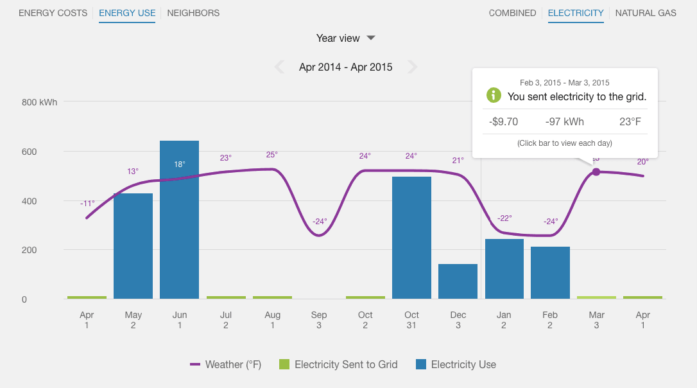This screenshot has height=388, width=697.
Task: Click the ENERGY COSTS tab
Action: pyautogui.click(x=53, y=13)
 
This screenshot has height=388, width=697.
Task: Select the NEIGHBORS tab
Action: pyautogui.click(x=193, y=13)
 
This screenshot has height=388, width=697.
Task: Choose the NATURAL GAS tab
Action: pyautogui.click(x=646, y=13)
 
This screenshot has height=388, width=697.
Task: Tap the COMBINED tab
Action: pyautogui.click(x=512, y=13)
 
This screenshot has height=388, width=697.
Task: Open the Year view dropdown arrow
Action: pyautogui.click(x=371, y=38)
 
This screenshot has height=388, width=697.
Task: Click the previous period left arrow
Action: pyautogui.click(x=279, y=67)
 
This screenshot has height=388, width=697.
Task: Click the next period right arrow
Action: pyautogui.click(x=413, y=67)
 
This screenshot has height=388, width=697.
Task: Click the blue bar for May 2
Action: pyautogui.click(x=133, y=247)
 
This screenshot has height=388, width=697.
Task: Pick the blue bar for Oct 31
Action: pyautogui.click(x=411, y=238)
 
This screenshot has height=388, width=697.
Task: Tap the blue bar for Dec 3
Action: pyautogui.click(x=458, y=281)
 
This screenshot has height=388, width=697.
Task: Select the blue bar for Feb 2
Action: pyautogui.click(x=550, y=273)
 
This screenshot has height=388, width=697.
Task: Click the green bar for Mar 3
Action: pyautogui.click(x=596, y=297)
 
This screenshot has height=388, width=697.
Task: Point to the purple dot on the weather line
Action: pyautogui.click(x=596, y=172)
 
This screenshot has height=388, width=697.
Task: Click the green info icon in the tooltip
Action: pyautogui.click(x=494, y=96)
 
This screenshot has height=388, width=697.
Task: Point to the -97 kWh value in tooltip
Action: pyautogui.click(x=564, y=122)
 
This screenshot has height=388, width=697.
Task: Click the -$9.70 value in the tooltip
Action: pyautogui.click(x=503, y=122)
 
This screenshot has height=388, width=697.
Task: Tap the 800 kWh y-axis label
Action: pyautogui.click(x=39, y=102)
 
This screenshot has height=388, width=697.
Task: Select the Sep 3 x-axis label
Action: pyautogui.click(x=319, y=320)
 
